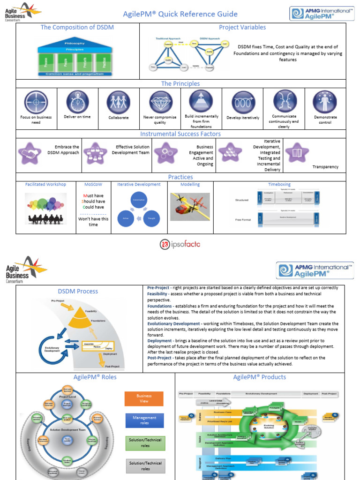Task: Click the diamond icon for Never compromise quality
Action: click(161, 102)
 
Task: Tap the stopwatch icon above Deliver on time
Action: click(77, 102)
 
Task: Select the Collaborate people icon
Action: click(118, 102)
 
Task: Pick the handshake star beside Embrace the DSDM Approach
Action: click(30, 153)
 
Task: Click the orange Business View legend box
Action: click(144, 398)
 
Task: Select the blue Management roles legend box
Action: click(144, 420)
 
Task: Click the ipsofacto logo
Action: click(180, 244)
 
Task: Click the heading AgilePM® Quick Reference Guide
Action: click(180, 14)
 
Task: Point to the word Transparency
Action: click(325, 167)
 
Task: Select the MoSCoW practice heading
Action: click(93, 184)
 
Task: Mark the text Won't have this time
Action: click(93, 222)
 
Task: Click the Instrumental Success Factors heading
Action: click(180, 134)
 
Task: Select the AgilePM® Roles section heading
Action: click(95, 377)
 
